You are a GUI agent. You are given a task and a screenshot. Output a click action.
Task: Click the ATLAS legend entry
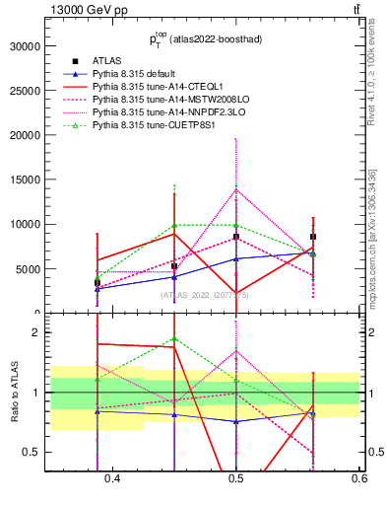(106, 60)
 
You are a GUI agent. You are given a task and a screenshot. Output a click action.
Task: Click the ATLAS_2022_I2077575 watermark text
(205, 294)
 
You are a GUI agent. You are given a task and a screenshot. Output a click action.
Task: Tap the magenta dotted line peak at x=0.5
(236, 189)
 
